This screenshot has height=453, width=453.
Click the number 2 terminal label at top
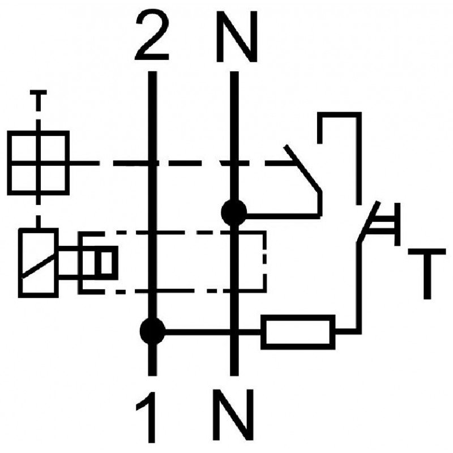[x=152, y=36]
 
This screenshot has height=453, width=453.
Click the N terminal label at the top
[x=237, y=37]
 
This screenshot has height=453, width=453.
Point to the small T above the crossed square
[x=38, y=100]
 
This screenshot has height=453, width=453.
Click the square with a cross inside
[x=38, y=163]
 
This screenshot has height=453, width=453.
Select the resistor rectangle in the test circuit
[x=298, y=332]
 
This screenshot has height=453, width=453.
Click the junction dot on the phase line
[x=152, y=331]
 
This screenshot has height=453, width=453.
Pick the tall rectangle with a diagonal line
[x=39, y=263]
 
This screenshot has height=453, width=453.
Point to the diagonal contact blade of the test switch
[x=367, y=222]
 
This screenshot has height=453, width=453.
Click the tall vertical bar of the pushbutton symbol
[x=398, y=224]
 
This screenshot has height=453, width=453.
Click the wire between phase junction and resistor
[x=213, y=332]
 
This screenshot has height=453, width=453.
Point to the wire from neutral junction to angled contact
[x=283, y=215]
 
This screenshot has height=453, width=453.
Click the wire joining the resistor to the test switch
[x=358, y=289]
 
